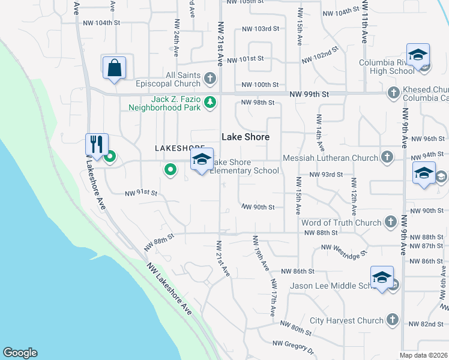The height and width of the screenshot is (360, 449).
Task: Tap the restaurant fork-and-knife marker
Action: click(97, 144)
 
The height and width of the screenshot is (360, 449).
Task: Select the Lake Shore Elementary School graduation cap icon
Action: click(202, 159)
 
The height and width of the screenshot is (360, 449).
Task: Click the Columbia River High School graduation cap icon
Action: click(418, 55)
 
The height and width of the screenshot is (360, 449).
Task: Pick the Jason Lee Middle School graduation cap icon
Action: click(382, 277)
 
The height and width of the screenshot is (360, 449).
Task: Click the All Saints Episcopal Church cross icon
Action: click(210, 78)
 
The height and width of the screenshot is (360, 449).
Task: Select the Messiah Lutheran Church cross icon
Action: click(388, 157)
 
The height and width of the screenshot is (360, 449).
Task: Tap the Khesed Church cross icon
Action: click(393, 92)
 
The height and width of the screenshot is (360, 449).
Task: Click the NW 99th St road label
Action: click(309, 95)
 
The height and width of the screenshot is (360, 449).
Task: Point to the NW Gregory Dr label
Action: click(294, 346)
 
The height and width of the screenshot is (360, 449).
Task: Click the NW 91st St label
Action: click(140, 193)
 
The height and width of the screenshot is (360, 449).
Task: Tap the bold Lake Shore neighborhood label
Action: click(246, 137)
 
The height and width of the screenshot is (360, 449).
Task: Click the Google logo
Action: click(20, 353)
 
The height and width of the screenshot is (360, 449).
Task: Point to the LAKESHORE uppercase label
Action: click(176, 148)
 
